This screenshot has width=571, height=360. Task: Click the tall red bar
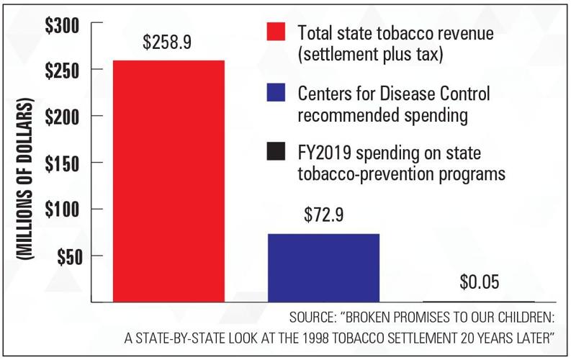pos(168,180)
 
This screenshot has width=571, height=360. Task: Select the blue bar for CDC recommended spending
pos(323,267)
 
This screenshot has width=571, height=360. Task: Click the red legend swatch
pos(276,32)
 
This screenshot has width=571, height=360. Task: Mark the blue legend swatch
pos(276,93)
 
